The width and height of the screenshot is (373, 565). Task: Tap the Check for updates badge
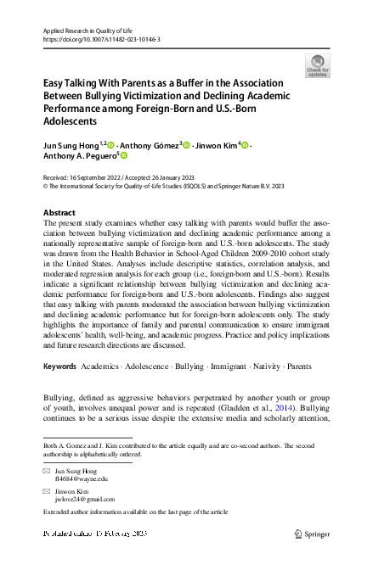316,65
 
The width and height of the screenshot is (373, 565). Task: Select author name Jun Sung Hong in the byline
71,146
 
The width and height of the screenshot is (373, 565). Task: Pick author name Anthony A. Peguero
79,157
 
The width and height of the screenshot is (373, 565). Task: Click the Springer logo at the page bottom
313,534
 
